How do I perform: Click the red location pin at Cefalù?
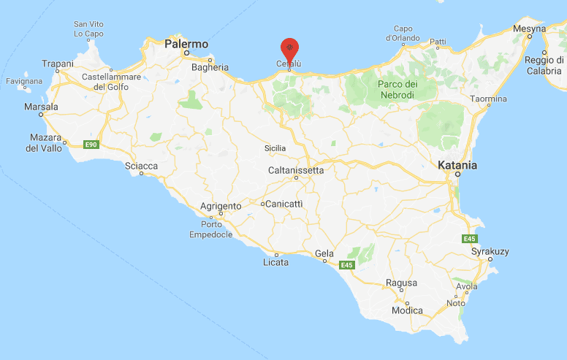pyautogui.click(x=290, y=49)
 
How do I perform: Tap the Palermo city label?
pyautogui.click(x=186, y=44)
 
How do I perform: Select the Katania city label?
pyautogui.click(x=457, y=166)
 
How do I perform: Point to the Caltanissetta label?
pyautogui.click(x=296, y=170)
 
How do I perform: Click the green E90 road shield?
pyautogui.click(x=91, y=145)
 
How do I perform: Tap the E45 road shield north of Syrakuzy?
pyautogui.click(x=469, y=239)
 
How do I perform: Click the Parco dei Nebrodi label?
pyautogui.click(x=397, y=89)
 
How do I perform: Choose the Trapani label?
pyautogui.click(x=58, y=64)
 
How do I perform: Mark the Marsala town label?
pyautogui.click(x=41, y=106)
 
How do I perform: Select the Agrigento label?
pyautogui.click(x=220, y=207)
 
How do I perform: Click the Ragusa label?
pyautogui.click(x=401, y=283)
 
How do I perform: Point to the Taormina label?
pyautogui.click(x=487, y=99)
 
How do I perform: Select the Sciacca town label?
pyautogui.click(x=141, y=166)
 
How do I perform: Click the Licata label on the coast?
pyautogui.click(x=275, y=262)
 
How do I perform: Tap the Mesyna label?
pyautogui.click(x=529, y=28)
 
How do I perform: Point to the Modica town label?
pyautogui.click(x=407, y=310)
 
